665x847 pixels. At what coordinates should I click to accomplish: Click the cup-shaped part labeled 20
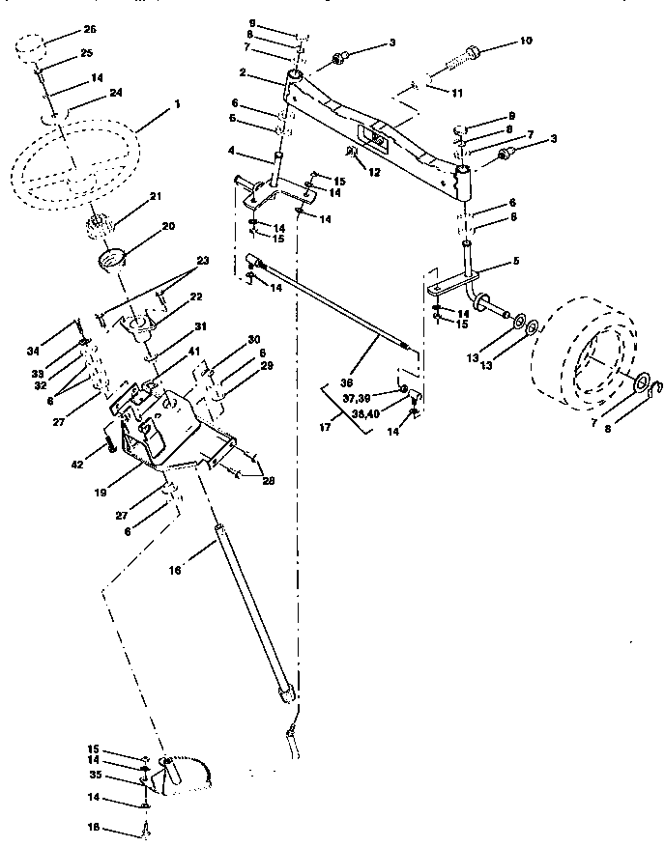pyautogui.click(x=113, y=259)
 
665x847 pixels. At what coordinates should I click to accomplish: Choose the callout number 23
pyautogui.click(x=202, y=260)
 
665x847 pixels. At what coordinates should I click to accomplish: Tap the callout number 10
pyautogui.click(x=525, y=42)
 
